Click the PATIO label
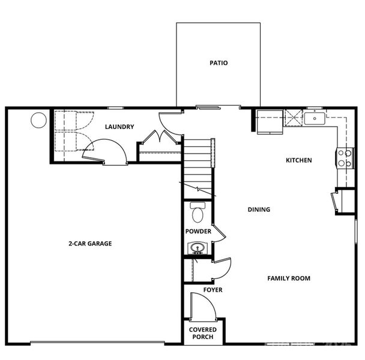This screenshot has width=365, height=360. pyautogui.click(x=219, y=63)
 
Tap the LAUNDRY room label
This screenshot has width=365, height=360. pyautogui.click(x=119, y=127)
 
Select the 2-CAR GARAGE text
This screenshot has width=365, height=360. pyautogui.click(x=90, y=244)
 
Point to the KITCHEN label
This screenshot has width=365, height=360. pyautogui.click(x=298, y=160)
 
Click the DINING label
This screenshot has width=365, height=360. pyautogui.click(x=259, y=210)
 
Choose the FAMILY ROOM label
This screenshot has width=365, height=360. pyautogui.click(x=289, y=278)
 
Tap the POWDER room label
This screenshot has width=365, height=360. pyautogui.click(x=198, y=232)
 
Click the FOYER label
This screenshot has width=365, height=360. pyautogui.click(x=213, y=290)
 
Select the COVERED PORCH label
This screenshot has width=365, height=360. pyautogui.click(x=203, y=334)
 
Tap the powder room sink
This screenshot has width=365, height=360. pyautogui.click(x=198, y=247)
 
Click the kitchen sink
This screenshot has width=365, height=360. pyautogui.click(x=314, y=118)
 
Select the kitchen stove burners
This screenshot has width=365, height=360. pyautogui.click(x=345, y=158)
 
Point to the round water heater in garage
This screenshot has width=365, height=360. pyautogui.click(x=39, y=121)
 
